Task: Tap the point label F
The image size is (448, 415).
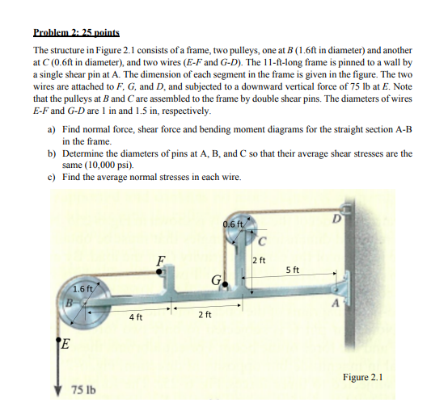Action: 162,260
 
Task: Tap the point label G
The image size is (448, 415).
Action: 215,282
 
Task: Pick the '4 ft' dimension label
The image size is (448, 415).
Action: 135,316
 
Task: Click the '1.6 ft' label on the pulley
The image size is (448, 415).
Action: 82,288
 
